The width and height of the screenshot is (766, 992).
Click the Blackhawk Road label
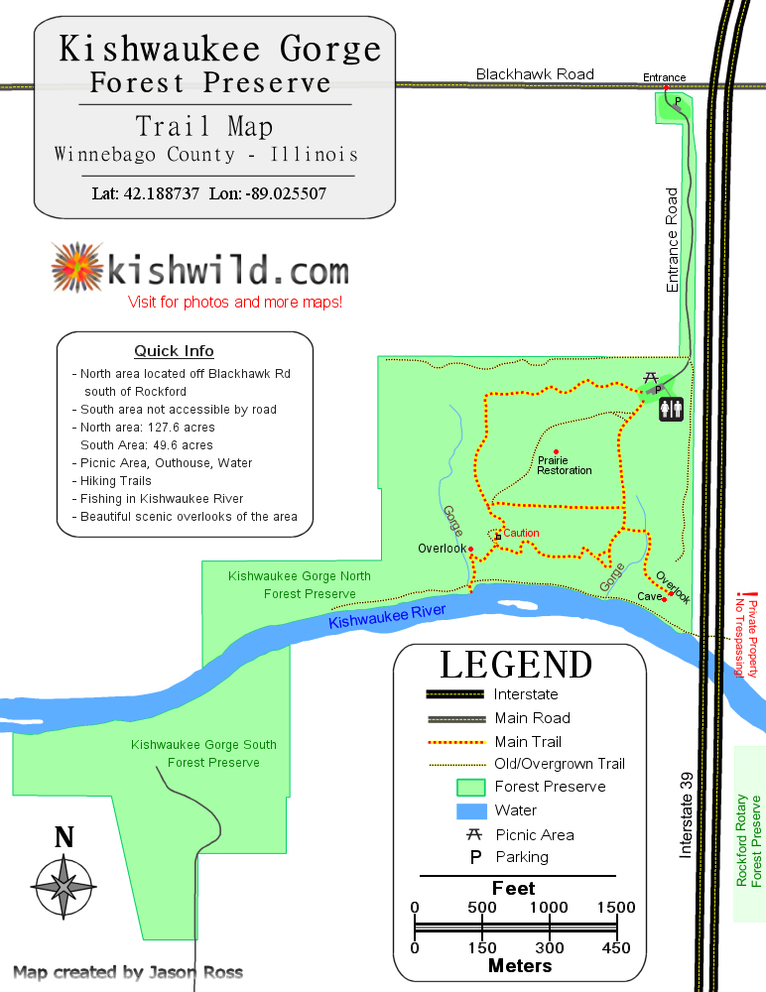pyautogui.click(x=535, y=74)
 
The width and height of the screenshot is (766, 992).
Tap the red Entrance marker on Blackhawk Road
pyautogui.click(x=665, y=87)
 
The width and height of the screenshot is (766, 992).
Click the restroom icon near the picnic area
pyautogui.click(x=671, y=407)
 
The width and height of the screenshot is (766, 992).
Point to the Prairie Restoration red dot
pyautogui.click(x=556, y=452)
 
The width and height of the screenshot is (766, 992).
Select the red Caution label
pyautogui.click(x=521, y=534)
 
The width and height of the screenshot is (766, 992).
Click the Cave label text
pyautogui.click(x=649, y=596)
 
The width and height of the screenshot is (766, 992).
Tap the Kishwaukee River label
pyautogui.click(x=387, y=616)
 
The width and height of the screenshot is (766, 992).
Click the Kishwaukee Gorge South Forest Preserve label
pyautogui.click(x=204, y=754)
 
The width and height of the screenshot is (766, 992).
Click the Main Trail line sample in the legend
pyautogui.click(x=455, y=741)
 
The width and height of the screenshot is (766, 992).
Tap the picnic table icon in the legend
pyautogui.click(x=474, y=834)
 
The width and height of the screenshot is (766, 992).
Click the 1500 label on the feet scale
pyautogui.click(x=617, y=908)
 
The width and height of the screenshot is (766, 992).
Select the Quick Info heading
pyautogui.click(x=174, y=351)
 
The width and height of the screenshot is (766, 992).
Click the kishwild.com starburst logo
pyautogui.click(x=77, y=269)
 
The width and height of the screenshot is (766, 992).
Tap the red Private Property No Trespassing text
pyautogui.click(x=745, y=638)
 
